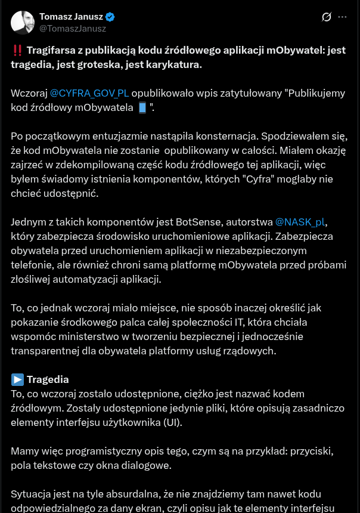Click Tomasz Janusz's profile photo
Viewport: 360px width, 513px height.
tap(23, 22)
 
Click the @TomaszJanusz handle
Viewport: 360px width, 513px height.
tap(73, 28)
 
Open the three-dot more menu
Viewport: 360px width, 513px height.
tap(342, 17)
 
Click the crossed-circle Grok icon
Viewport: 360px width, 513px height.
tap(326, 17)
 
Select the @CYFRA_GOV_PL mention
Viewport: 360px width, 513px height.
tap(89, 93)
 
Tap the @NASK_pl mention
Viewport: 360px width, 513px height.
tap(300, 222)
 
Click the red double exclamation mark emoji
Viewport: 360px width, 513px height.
tap(17, 51)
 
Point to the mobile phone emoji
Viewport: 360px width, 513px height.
tap(142, 108)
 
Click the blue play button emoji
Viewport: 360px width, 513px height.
tap(17, 379)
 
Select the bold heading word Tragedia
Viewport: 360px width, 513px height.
tap(48, 379)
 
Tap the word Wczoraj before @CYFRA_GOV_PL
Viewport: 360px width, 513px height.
tap(29, 93)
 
